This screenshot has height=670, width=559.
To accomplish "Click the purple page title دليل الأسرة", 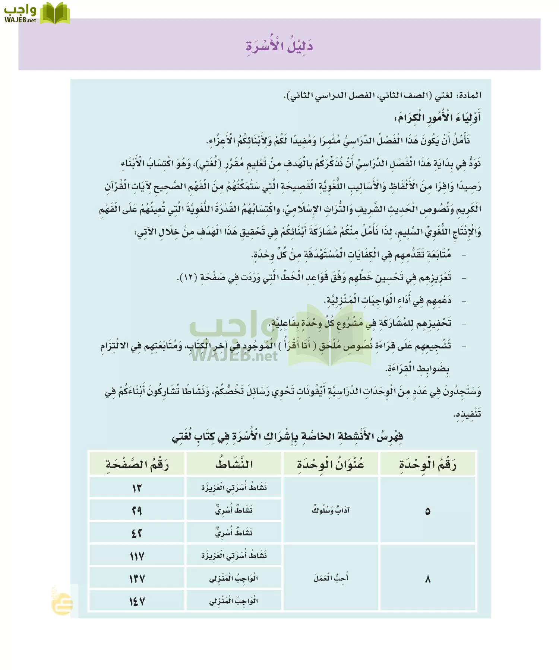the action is click(279, 46).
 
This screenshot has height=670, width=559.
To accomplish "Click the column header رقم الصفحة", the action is click(137, 464).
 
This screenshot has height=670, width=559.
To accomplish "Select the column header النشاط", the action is click(234, 464).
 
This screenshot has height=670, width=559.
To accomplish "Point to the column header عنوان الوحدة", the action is click(331, 464).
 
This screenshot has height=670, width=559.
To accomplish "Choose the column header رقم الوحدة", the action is click(427, 464).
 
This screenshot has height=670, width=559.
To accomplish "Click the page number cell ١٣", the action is click(137, 488).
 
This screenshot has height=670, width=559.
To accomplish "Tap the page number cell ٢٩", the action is click(137, 510).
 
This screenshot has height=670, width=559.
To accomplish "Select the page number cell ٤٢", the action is click(137, 533).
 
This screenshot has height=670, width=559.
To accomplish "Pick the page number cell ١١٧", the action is click(137, 556).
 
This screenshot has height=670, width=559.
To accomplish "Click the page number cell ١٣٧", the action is click(137, 579).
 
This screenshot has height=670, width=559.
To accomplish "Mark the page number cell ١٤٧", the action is click(137, 602).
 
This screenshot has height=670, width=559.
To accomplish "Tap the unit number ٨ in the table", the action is click(427, 579).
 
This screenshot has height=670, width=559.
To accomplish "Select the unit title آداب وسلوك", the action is click(331, 510).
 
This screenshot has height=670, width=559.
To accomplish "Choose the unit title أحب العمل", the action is click(331, 578).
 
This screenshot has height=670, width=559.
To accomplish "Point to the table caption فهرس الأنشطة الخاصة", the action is click(287, 436).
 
